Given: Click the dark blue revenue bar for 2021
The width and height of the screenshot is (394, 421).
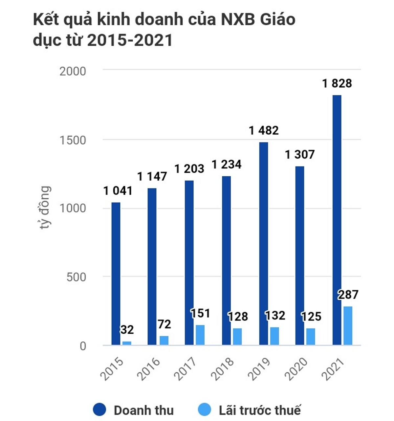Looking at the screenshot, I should (337, 220).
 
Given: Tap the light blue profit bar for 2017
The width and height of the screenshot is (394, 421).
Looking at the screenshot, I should (200, 335).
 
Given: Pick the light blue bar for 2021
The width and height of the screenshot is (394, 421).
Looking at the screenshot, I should (348, 326).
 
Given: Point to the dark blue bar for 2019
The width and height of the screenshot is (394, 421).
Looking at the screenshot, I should (263, 243).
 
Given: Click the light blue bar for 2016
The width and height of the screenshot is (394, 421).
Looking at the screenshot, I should (164, 341).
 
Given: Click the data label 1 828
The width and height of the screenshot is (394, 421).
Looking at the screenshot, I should (337, 83).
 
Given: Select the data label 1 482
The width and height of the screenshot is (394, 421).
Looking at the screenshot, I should (264, 130).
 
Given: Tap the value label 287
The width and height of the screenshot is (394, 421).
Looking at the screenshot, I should (348, 295).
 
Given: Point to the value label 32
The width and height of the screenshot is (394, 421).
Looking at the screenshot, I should (127, 329).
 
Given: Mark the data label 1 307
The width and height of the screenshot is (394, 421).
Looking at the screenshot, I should (299, 154).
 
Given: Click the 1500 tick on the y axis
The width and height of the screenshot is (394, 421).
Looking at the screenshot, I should (73, 140).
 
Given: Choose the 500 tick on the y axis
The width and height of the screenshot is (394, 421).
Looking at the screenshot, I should (76, 277).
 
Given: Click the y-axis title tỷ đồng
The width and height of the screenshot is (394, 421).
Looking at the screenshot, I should (45, 208).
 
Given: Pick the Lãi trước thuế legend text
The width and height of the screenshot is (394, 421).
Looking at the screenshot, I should (259, 410).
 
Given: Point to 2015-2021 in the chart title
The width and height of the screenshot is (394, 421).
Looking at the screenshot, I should (130, 40).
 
